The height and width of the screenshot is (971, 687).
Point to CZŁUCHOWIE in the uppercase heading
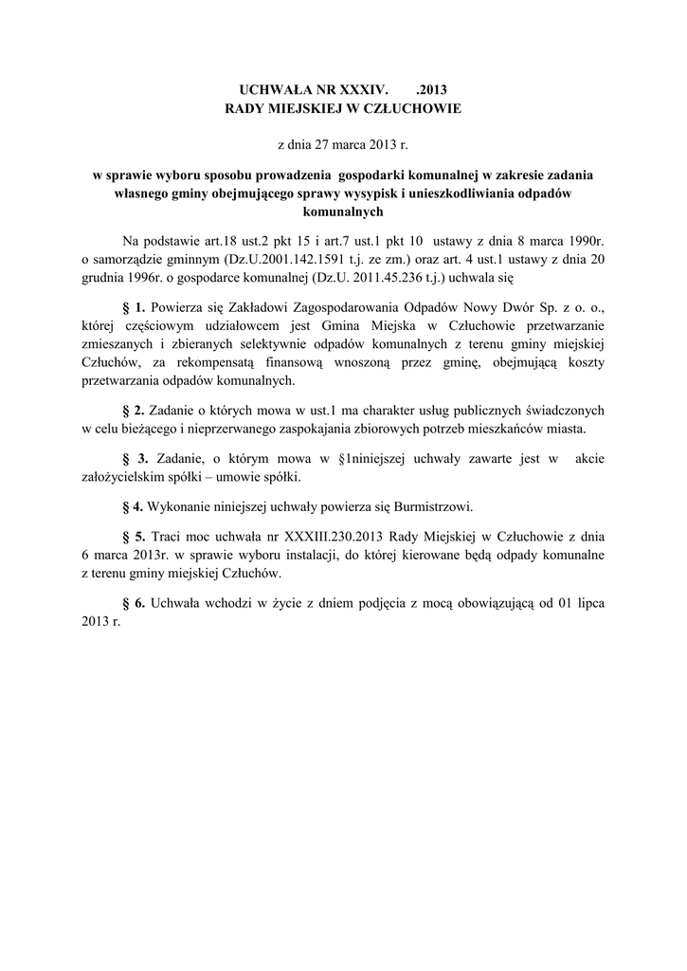[417, 109]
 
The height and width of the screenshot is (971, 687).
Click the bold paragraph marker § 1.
[135, 309]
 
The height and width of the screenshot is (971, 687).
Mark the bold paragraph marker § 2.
[135, 410]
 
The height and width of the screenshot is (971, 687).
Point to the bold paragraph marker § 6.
[135, 603]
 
